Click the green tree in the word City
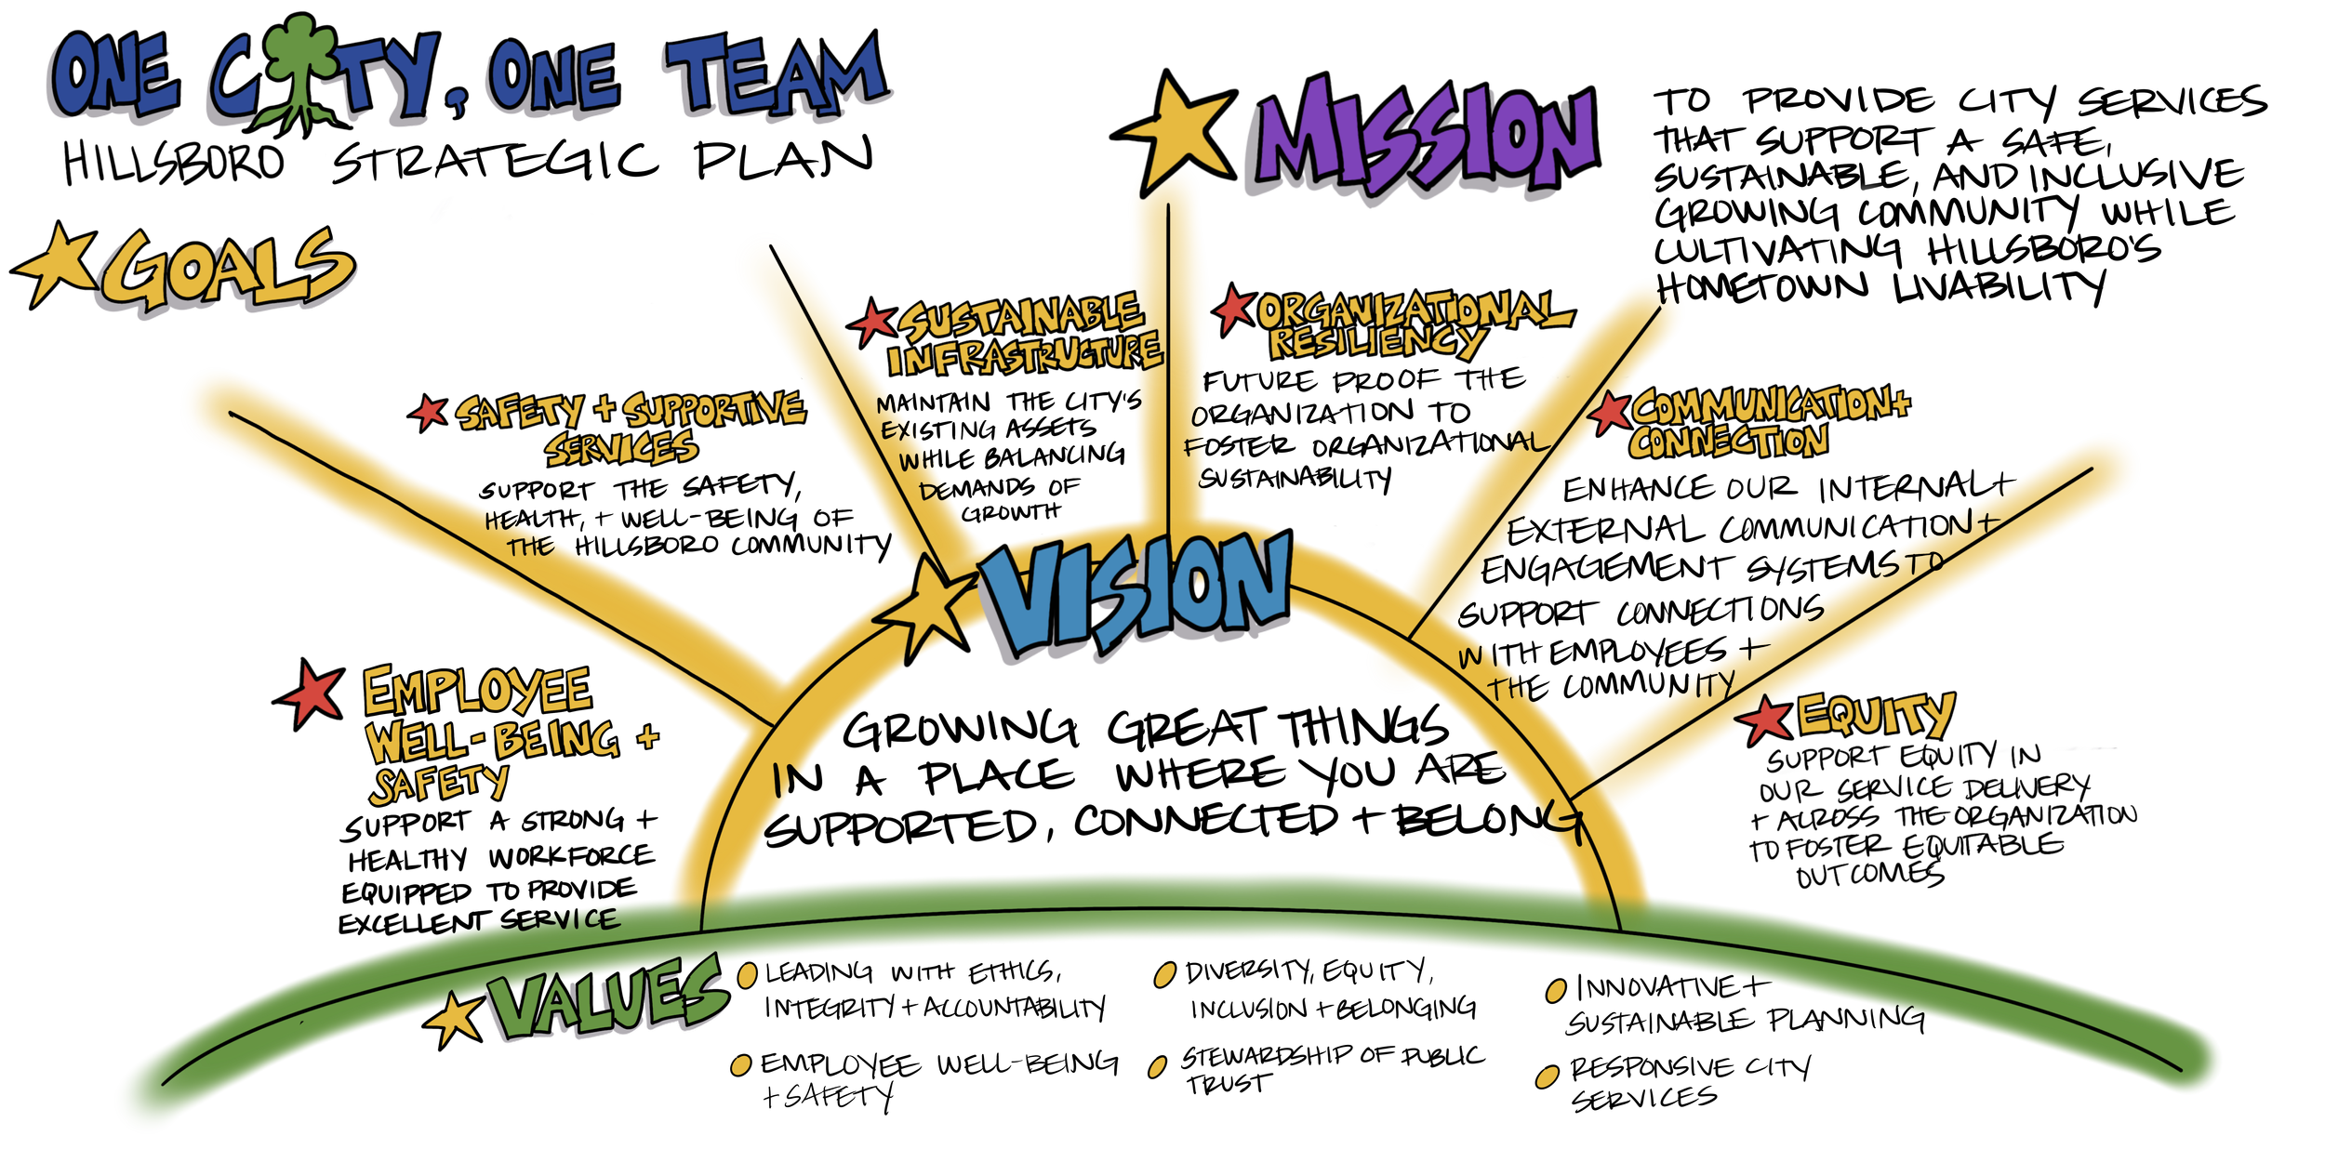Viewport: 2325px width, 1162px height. (299, 65)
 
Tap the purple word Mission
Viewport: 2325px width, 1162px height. (1423, 139)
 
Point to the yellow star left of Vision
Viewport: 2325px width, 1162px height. (925, 609)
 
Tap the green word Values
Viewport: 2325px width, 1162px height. (604, 999)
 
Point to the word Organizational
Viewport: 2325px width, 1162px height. (1409, 309)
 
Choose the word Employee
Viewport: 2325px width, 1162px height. (477, 691)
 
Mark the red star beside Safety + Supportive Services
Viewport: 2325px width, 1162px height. (430, 411)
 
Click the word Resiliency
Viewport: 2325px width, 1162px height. (1376, 342)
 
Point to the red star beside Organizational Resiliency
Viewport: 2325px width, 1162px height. (1234, 309)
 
